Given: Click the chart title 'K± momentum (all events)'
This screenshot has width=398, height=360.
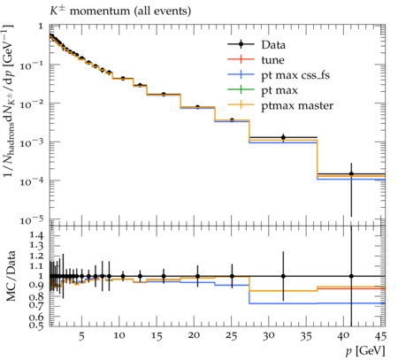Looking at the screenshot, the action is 120,11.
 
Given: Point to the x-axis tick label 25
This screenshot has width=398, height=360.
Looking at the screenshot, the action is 232,336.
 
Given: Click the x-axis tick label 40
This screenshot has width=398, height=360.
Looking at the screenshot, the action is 344,336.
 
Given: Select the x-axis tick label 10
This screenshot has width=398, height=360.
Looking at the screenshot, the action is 119,336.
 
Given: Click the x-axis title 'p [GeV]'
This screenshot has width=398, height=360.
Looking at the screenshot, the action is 365,351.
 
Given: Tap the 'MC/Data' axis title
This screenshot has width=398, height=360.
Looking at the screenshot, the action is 11,276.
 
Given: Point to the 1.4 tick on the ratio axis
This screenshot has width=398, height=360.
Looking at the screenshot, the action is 36,235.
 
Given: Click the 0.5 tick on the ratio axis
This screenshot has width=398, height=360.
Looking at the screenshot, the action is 36,326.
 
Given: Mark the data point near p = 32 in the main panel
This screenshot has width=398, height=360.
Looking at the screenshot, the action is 283,137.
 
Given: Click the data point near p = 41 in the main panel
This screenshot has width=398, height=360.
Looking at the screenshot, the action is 351,174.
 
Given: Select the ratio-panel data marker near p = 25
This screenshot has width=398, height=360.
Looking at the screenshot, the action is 232,276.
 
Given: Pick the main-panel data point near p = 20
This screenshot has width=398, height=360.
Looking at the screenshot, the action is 197,107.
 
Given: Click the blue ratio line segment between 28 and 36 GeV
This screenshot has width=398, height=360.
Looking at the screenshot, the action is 283,303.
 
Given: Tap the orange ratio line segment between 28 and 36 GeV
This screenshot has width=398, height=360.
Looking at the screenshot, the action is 283,291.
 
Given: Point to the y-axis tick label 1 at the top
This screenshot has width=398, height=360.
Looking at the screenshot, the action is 41,27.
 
